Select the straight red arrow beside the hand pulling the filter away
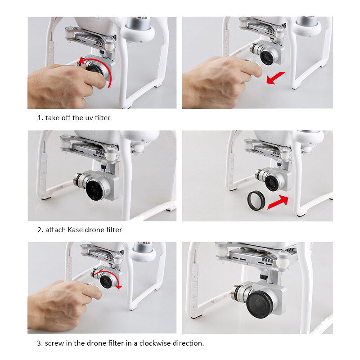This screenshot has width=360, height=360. pos(275,78)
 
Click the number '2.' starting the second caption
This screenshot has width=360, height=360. pos(40,230)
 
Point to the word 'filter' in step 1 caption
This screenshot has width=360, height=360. pos(102,118)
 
